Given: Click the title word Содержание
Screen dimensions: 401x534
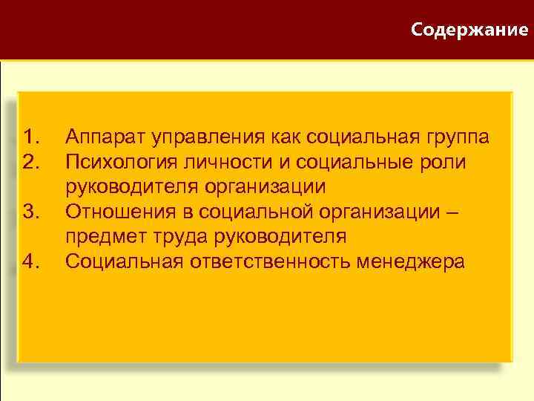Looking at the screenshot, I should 470,30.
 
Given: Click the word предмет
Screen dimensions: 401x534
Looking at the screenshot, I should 101,237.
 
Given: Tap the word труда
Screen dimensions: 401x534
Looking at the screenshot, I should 168,237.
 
